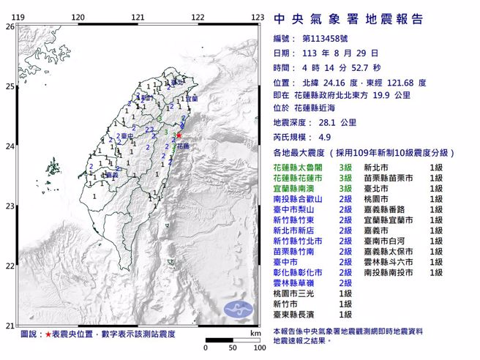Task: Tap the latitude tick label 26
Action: [x=10, y=26]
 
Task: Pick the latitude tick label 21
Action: [x=10, y=326]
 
